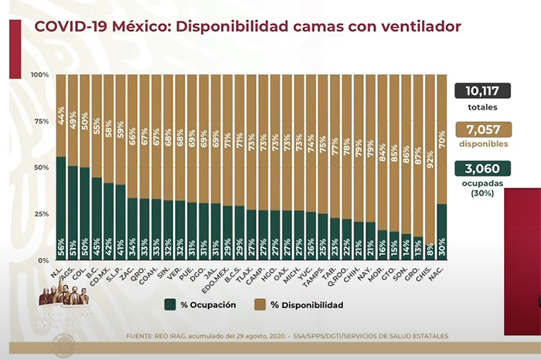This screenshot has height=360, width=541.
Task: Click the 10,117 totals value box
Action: point(487,91)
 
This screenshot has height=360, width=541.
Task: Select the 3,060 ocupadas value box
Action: point(487,168)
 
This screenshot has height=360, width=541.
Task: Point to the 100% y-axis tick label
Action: point(40,75)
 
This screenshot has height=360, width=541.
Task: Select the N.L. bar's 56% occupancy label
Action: point(61,250)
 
